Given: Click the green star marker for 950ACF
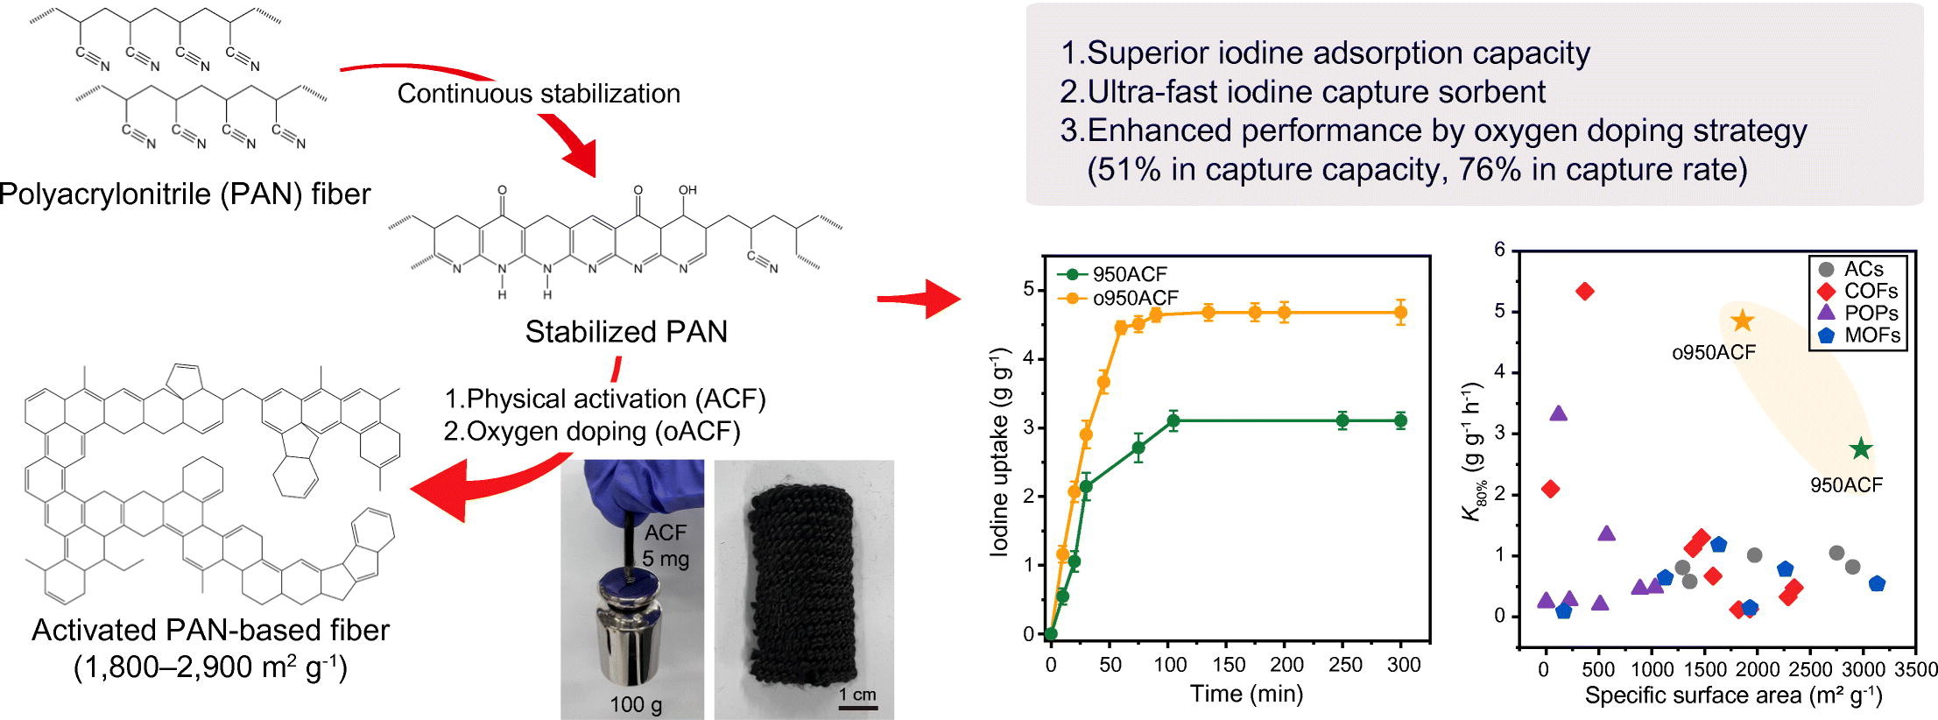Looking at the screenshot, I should pyautogui.click(x=1861, y=449).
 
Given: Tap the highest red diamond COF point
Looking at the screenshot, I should pyautogui.click(x=1584, y=292).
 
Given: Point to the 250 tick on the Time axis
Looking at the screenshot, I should pyautogui.click(x=1345, y=665).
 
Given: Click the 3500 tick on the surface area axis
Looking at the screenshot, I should pyautogui.click(x=1915, y=670).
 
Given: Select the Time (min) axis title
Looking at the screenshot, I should pyautogui.click(x=1246, y=695).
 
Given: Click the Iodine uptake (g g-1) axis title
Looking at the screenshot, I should pyautogui.click(x=1000, y=451).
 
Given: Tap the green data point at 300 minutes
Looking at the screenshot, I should pyautogui.click(x=1400, y=420).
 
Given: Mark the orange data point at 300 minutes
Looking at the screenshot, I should pyautogui.click(x=1400, y=312).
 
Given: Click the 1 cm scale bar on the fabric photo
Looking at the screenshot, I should pyautogui.click(x=857, y=703).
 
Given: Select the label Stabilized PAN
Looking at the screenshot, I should pyautogui.click(x=626, y=332).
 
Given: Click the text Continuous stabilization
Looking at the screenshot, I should pyautogui.click(x=539, y=94).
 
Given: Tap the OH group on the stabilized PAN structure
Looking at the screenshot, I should pyautogui.click(x=687, y=189).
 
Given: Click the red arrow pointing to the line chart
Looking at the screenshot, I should pyautogui.click(x=919, y=300).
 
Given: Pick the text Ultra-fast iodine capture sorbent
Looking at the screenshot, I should pyautogui.click(x=1302, y=92).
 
